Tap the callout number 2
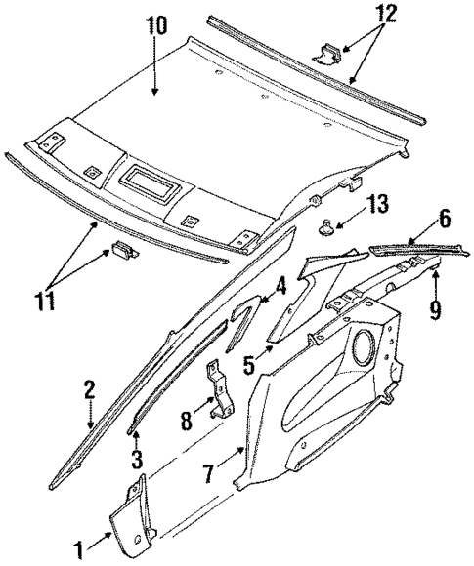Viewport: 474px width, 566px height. [89, 390]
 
